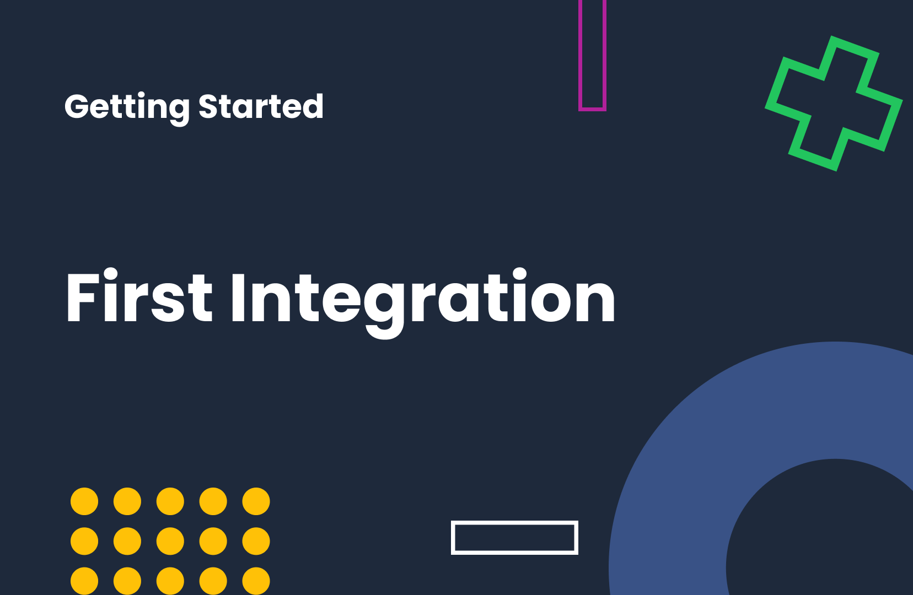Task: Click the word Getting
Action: point(127,107)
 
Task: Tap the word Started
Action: point(260,106)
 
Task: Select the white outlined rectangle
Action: point(514,522)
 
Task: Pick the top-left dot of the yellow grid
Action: point(84,501)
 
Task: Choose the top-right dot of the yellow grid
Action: point(256,501)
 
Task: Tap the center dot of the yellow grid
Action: point(170,541)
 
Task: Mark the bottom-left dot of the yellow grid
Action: point(84,581)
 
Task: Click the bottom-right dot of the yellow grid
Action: point(256,581)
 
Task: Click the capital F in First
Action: point(83,297)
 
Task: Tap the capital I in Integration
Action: point(238,297)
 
